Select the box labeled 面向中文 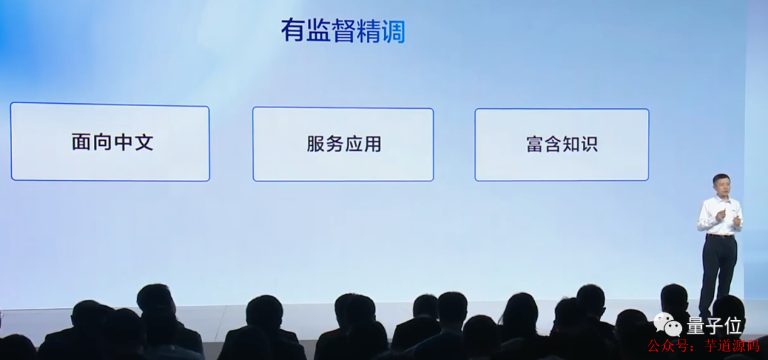[110, 142]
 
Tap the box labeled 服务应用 [343, 144]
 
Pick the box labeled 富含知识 [562, 144]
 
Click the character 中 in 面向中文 [123, 142]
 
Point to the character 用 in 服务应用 [373, 144]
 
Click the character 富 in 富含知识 [535, 144]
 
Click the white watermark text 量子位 [715, 327]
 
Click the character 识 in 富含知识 [588, 144]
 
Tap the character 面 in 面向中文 [82, 142]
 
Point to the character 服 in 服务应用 [315, 144]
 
